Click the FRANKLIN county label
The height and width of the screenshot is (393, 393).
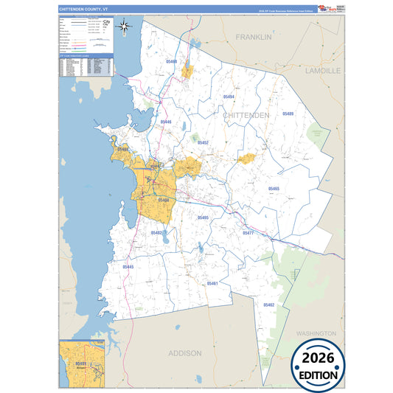254,36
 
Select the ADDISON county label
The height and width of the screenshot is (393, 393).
184,353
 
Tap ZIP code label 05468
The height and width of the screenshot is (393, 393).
172,62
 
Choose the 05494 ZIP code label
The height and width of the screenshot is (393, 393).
228,97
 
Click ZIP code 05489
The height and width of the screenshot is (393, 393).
287,114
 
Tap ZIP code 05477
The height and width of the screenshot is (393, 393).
248,232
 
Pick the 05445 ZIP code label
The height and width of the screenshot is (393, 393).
128,266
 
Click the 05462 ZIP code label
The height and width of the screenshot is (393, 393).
268,305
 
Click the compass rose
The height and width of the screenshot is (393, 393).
125,29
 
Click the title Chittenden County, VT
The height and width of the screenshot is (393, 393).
83,9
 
